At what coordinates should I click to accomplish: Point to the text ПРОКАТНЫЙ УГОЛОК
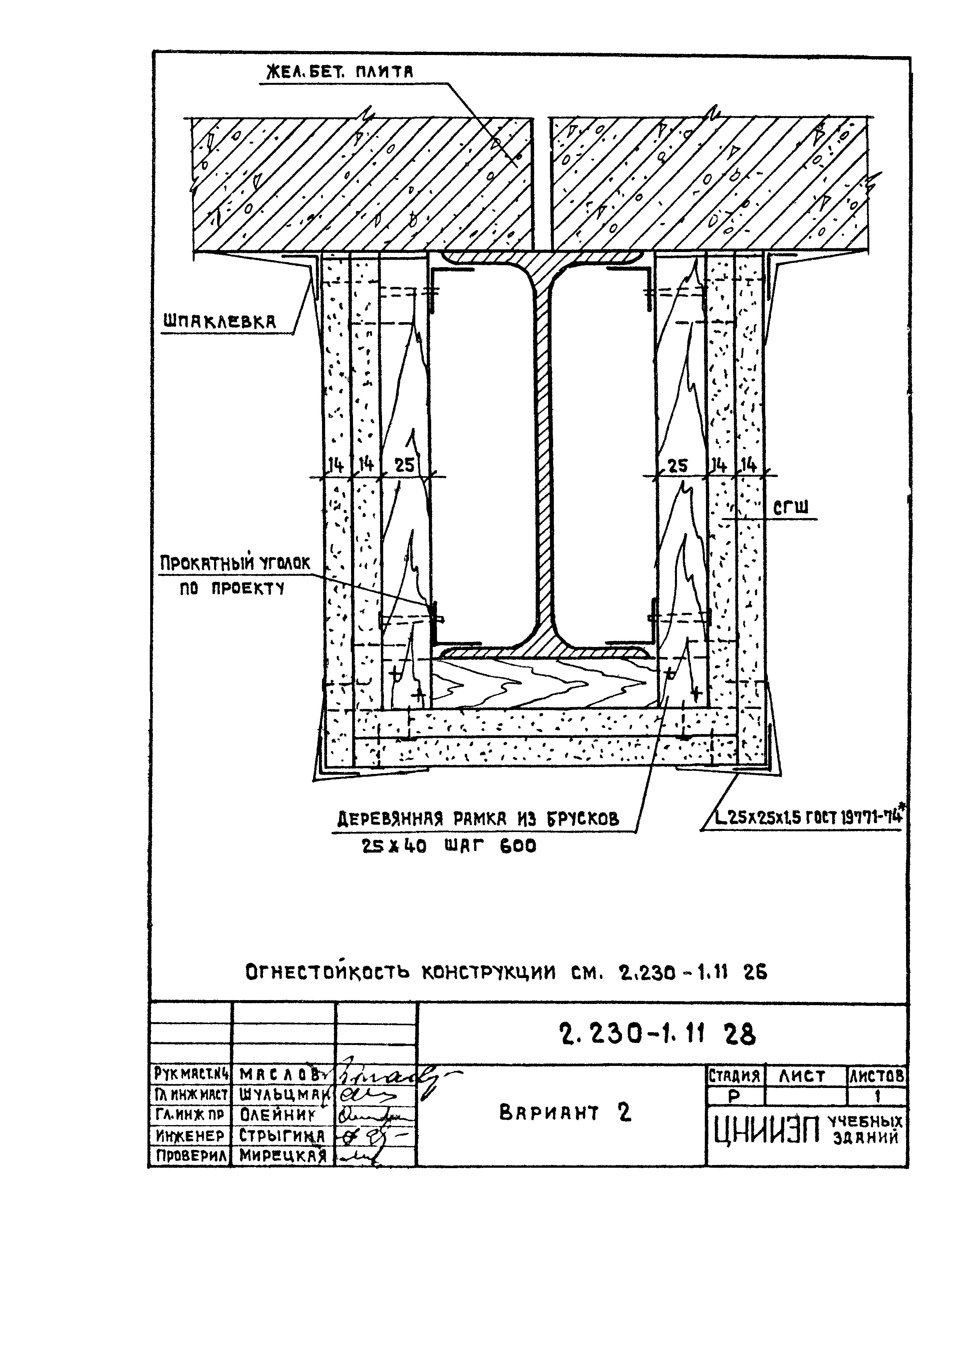click(x=234, y=563)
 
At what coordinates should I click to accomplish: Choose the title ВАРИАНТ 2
click(x=564, y=1113)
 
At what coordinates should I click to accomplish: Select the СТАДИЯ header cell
click(x=734, y=1076)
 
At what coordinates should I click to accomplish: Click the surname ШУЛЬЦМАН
click(x=283, y=1095)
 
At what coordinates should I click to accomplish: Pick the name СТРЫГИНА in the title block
click(x=283, y=1135)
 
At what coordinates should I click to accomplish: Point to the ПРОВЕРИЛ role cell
click(x=190, y=1156)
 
